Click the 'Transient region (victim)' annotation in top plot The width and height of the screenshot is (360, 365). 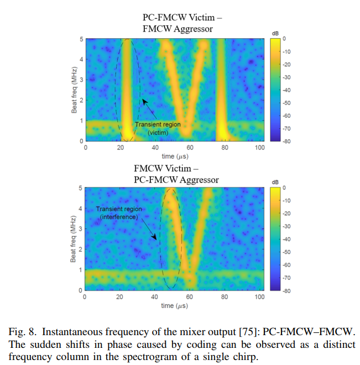[x=157, y=129]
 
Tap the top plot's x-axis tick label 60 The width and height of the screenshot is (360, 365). [x=190, y=149]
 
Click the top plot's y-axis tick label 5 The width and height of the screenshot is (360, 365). [x=80, y=39]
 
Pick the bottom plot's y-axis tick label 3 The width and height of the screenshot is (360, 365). [x=80, y=229]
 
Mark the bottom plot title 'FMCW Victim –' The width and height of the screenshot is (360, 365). [x=165, y=169]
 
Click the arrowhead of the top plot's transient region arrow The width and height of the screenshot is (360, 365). [x=143, y=100]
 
